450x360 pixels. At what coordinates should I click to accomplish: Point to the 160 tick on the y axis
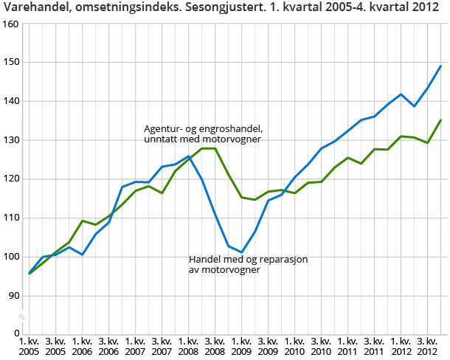point(10,24)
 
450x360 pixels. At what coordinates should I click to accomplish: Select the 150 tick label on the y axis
point(10,63)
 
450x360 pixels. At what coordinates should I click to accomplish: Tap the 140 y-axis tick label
point(10,101)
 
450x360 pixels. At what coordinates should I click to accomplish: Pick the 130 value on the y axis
point(10,140)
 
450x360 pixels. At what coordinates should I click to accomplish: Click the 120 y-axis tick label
point(10,179)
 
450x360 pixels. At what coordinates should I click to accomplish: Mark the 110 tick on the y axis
point(10,218)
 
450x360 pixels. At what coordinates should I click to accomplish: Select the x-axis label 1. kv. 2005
point(30,347)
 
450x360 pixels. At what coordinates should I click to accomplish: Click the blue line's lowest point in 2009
point(241,252)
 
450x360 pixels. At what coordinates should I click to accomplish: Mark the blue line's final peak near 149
point(441,66)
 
